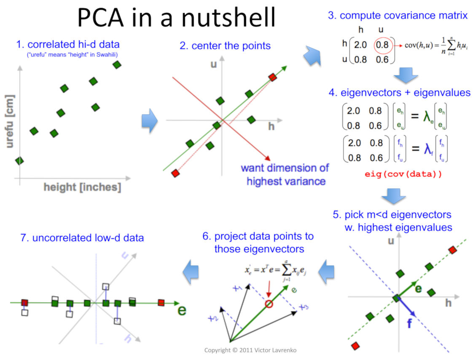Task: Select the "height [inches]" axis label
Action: point(82,187)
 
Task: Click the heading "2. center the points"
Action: point(225,46)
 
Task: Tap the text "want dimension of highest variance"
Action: point(285,175)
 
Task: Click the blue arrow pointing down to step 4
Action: point(406,75)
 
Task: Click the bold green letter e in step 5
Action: point(418,289)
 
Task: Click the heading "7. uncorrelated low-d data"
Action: point(82,238)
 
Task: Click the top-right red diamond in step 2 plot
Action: point(273,77)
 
